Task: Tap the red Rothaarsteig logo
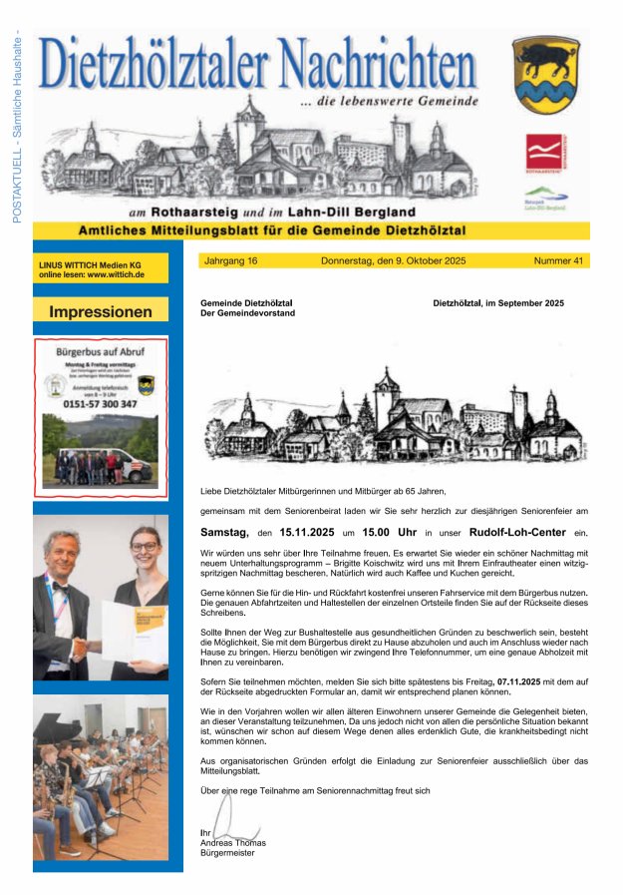(544, 153)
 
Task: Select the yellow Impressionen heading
(101, 312)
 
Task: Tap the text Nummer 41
(558, 260)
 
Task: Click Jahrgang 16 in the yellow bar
(230, 260)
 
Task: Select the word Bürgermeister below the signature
(227, 853)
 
